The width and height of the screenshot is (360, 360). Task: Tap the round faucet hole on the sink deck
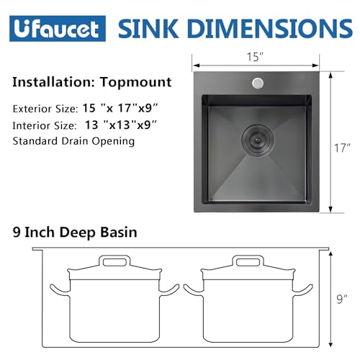(256, 84)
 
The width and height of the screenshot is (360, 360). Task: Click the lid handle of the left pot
(110, 261)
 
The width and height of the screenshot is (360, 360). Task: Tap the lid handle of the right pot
(248, 261)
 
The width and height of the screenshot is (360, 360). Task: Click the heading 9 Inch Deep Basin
(76, 233)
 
